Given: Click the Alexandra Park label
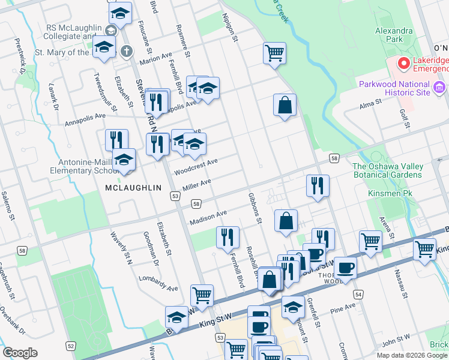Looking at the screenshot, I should (x=394, y=34).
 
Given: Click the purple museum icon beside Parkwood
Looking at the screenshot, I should (x=439, y=89).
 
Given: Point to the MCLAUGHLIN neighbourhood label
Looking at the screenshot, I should (x=133, y=188).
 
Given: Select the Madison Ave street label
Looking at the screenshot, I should (x=208, y=217).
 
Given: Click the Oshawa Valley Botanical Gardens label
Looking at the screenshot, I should (x=387, y=170).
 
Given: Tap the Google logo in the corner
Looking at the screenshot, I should (x=20, y=352).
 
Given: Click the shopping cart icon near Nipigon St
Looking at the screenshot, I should (x=274, y=53).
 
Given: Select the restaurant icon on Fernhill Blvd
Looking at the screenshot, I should (x=228, y=237).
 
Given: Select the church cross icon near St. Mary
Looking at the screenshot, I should (x=126, y=50).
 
